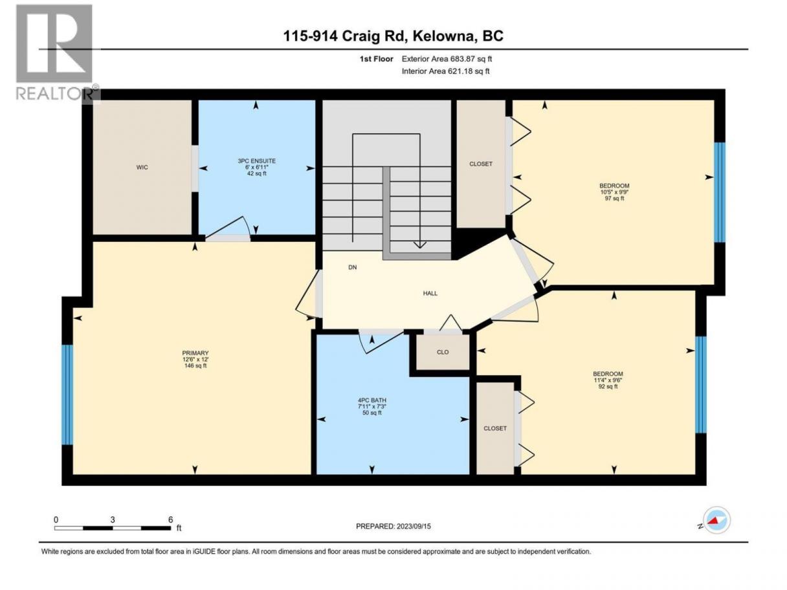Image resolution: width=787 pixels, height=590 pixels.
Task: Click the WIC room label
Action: point(142,168)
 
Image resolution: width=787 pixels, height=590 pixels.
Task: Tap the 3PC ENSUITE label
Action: point(257,161)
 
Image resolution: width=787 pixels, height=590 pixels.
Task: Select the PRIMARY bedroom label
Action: point(195,353)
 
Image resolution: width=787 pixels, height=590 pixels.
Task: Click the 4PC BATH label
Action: point(371,400)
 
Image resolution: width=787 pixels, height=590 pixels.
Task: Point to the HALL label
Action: point(430,294)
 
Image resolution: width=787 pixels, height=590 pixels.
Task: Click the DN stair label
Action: point(353,267)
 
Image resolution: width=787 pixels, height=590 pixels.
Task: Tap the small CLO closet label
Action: point(443,352)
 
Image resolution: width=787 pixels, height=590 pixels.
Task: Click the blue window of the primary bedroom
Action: point(67,395)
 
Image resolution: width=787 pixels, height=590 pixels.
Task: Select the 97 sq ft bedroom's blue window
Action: point(720,192)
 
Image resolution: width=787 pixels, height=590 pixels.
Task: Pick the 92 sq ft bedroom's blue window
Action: point(701,385)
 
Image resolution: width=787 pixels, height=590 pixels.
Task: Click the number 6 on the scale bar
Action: point(171,519)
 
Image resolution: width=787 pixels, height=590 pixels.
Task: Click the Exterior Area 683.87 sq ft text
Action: point(447,59)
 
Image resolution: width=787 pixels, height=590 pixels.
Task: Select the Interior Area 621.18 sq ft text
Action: point(445,71)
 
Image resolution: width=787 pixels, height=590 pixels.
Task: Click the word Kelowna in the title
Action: point(443,36)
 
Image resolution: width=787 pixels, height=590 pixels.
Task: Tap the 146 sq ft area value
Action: point(195,366)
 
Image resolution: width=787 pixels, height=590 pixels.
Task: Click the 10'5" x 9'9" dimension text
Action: point(614,192)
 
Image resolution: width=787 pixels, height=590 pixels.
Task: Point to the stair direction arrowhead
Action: point(420,245)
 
